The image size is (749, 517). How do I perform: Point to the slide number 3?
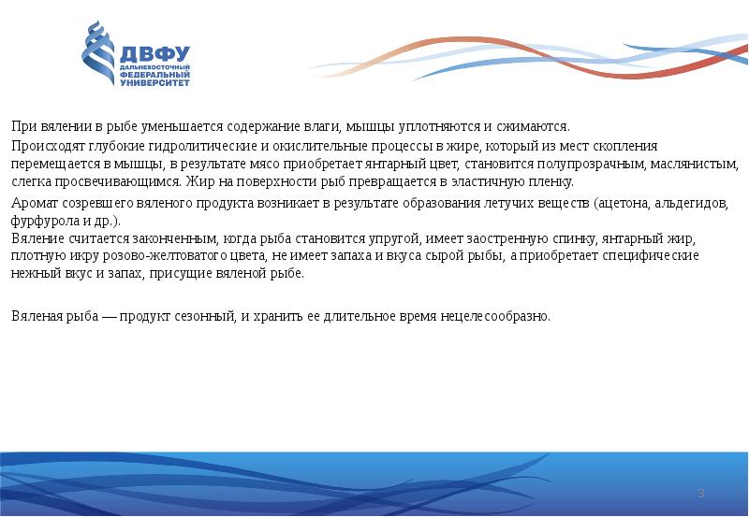[x=700, y=493]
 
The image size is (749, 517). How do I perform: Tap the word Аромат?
[x=31, y=203]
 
